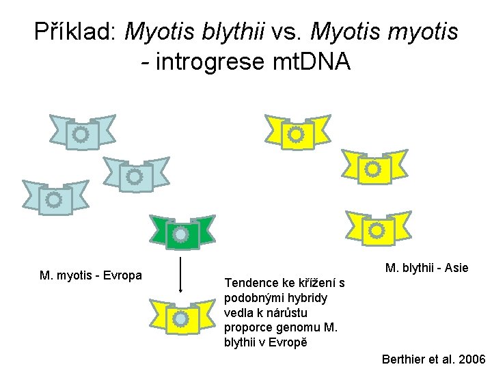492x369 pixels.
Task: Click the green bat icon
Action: click(x=182, y=234)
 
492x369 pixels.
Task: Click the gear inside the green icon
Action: click(x=181, y=234)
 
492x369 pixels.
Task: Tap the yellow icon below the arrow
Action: click(x=182, y=317)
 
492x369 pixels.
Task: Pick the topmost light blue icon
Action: click(x=81, y=133)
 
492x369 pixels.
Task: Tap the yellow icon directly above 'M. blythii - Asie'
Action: click(x=377, y=230)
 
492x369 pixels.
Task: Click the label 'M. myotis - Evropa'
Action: click(x=91, y=275)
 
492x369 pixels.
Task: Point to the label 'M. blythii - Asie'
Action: click(x=426, y=268)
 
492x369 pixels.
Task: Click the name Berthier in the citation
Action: click(x=402, y=359)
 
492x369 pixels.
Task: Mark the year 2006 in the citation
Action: click(x=471, y=359)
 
